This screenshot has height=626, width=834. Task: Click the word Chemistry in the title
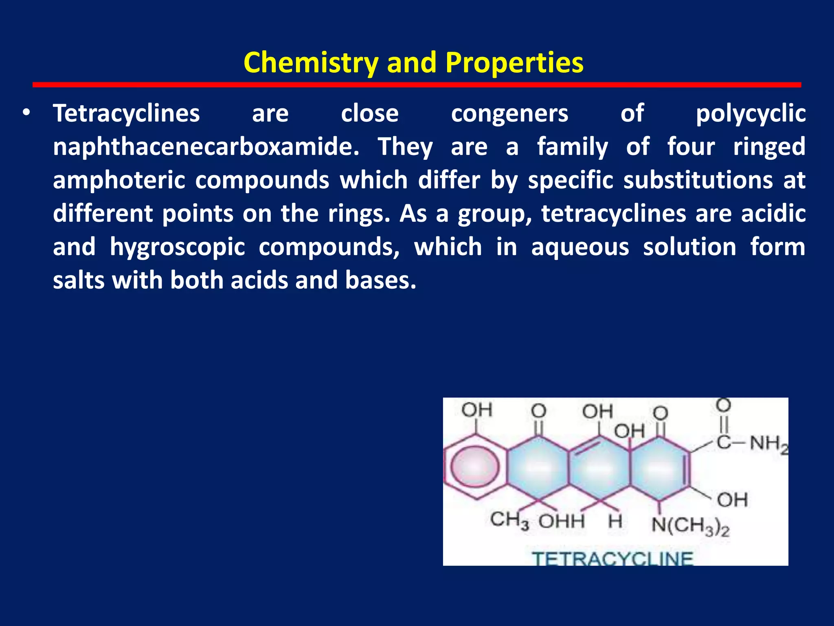pos(311,63)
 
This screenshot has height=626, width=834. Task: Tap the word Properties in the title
pos(514,63)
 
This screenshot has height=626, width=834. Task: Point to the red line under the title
pos(417,85)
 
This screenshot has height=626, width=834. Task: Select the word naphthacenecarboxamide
pos(206,147)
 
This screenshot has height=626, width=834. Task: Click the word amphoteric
pos(119,180)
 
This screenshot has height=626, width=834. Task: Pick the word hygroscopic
pos(177,247)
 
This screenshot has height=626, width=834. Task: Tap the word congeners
pos(509,113)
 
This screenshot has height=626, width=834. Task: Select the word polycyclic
pos(751,113)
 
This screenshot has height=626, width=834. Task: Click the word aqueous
pos(580,247)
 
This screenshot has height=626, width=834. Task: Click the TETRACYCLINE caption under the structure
pos(612,558)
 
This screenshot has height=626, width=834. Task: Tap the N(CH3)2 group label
pos(690,525)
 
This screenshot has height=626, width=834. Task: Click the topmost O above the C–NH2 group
pos(723,406)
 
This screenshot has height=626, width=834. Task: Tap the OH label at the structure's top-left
pos(477,410)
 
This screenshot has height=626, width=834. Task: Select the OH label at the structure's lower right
pos(732,500)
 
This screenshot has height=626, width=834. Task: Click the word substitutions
pos(698,180)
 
